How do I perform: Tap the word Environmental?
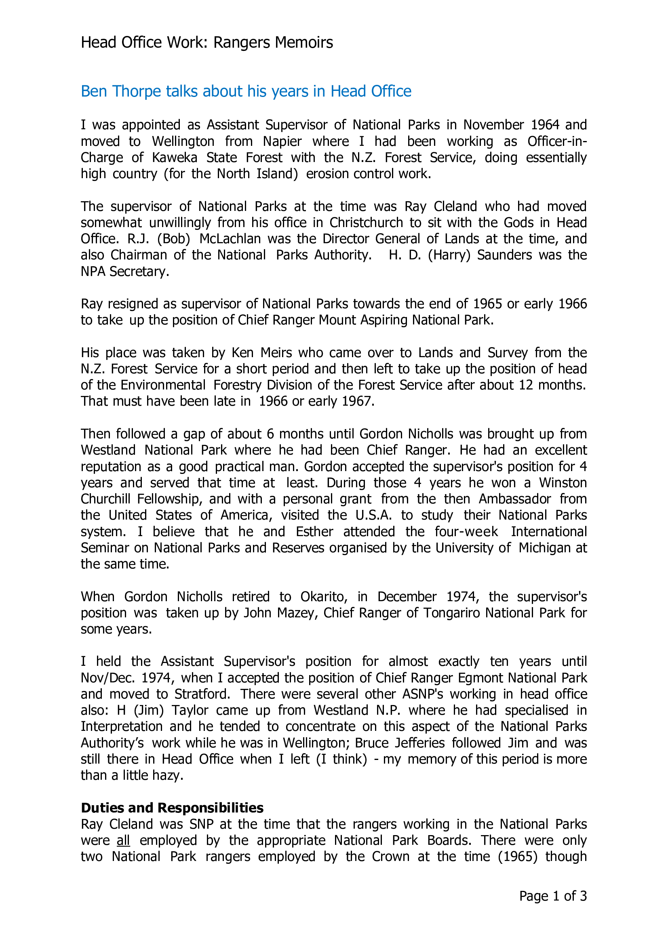tap(163, 385)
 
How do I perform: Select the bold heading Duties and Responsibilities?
tap(172, 808)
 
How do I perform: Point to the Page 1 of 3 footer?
tap(553, 896)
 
